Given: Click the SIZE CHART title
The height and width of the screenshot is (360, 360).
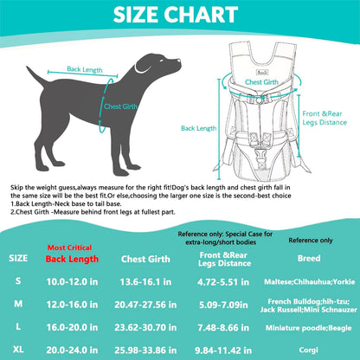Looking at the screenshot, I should coord(179,16).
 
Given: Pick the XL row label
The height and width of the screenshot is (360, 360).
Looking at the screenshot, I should coord(17,349).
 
